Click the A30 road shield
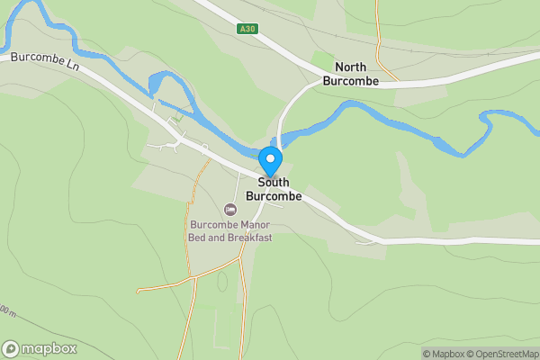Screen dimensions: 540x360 [x=248, y=29]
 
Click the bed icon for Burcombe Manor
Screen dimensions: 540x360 [x=229, y=210]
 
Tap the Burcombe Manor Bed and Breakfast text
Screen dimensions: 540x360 [x=230, y=231]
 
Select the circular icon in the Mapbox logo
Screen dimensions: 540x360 [x=12, y=348]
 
